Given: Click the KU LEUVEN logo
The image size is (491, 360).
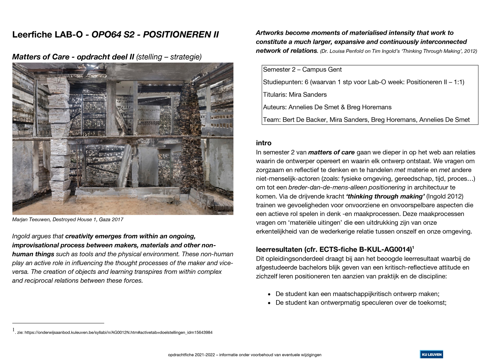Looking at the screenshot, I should [431, 354].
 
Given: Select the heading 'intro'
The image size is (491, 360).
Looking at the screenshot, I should [264, 143].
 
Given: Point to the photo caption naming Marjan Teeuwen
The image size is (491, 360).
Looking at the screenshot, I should [68, 220].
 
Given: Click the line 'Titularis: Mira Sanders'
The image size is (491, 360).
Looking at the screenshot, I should [295, 95].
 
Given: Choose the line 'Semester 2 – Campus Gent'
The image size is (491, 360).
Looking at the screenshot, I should [302, 70].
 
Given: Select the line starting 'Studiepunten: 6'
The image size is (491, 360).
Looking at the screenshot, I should [363, 82].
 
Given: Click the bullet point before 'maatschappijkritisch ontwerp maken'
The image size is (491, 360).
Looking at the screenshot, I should [269, 295].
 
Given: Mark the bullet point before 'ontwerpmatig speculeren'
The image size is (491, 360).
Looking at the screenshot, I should [269, 303].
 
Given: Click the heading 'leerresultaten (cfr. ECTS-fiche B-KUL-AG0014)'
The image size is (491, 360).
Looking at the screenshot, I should [334, 250].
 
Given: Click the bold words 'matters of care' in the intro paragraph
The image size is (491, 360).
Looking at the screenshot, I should [331, 153].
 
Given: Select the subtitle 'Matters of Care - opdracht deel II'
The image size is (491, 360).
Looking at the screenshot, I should [73, 57].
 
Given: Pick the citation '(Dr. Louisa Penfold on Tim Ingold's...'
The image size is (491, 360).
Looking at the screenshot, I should [398, 51].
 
